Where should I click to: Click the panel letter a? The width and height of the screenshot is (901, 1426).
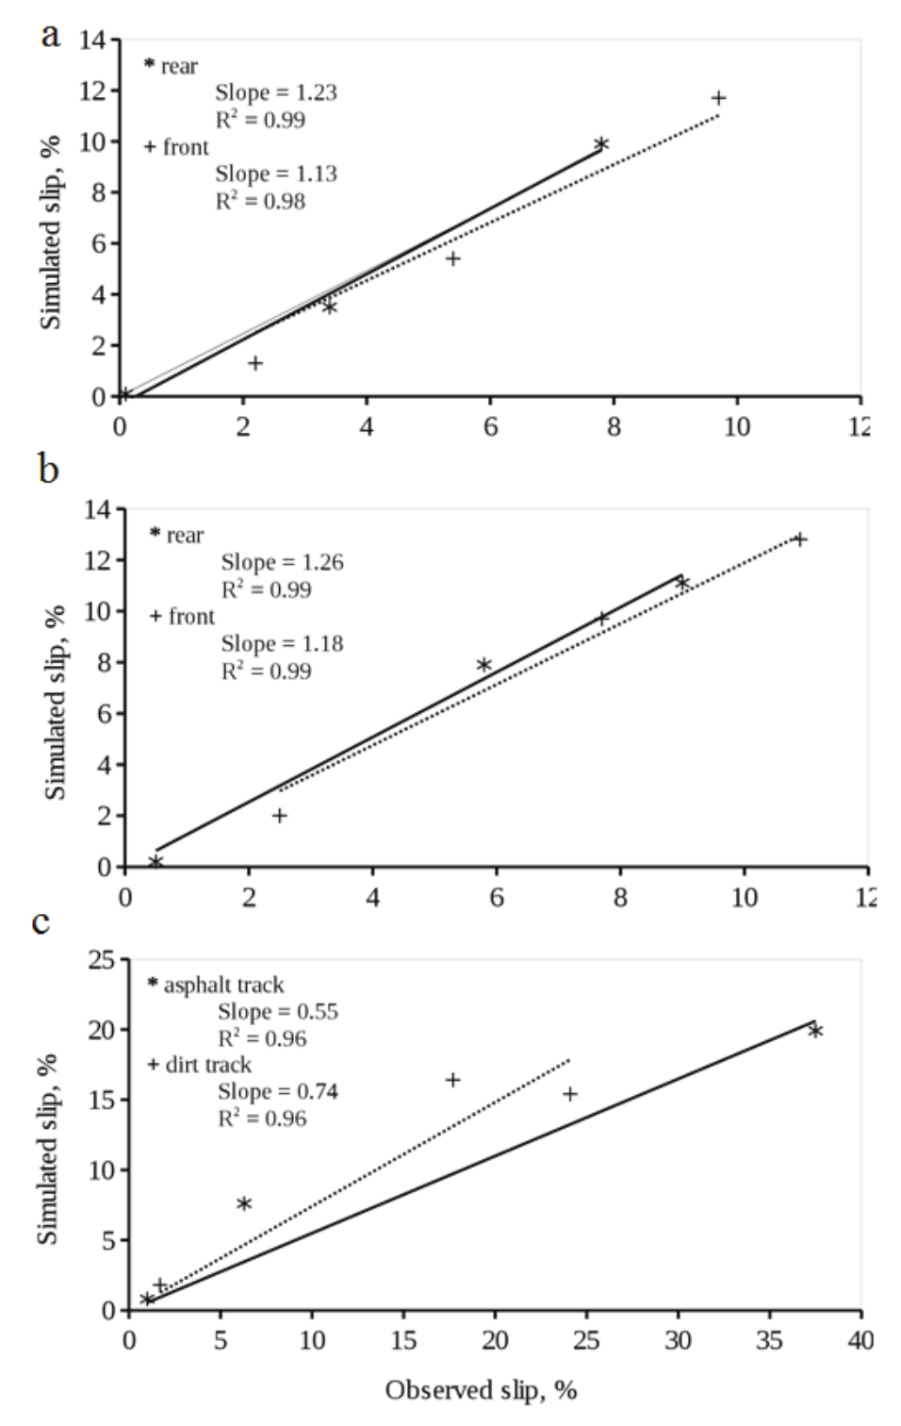click(51, 36)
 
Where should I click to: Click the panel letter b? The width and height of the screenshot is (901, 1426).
click(48, 468)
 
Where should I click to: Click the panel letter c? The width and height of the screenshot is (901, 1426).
click(41, 920)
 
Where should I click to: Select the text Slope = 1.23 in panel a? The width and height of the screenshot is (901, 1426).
click(275, 92)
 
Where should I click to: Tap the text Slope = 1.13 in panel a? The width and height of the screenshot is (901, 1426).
click(275, 174)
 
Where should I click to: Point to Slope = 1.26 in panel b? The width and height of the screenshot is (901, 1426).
click(282, 562)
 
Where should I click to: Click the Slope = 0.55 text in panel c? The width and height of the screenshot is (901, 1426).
click(277, 1011)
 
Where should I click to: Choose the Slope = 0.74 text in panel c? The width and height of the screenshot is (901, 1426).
click(277, 1091)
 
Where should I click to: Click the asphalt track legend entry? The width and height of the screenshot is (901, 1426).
click(216, 985)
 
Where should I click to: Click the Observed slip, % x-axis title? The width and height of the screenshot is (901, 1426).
click(481, 1390)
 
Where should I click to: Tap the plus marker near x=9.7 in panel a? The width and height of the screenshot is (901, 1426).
click(718, 98)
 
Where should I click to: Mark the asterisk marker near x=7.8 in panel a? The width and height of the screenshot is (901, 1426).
click(601, 143)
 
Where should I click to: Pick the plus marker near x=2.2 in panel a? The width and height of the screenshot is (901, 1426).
click(255, 363)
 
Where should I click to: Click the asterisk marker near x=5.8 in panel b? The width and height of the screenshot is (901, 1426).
click(483, 665)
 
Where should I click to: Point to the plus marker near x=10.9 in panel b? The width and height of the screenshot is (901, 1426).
click(799, 539)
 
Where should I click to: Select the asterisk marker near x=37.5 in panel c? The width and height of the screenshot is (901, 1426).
click(815, 1031)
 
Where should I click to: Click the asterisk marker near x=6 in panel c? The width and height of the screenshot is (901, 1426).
click(244, 1203)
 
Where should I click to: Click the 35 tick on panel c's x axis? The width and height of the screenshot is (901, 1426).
click(769, 1339)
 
